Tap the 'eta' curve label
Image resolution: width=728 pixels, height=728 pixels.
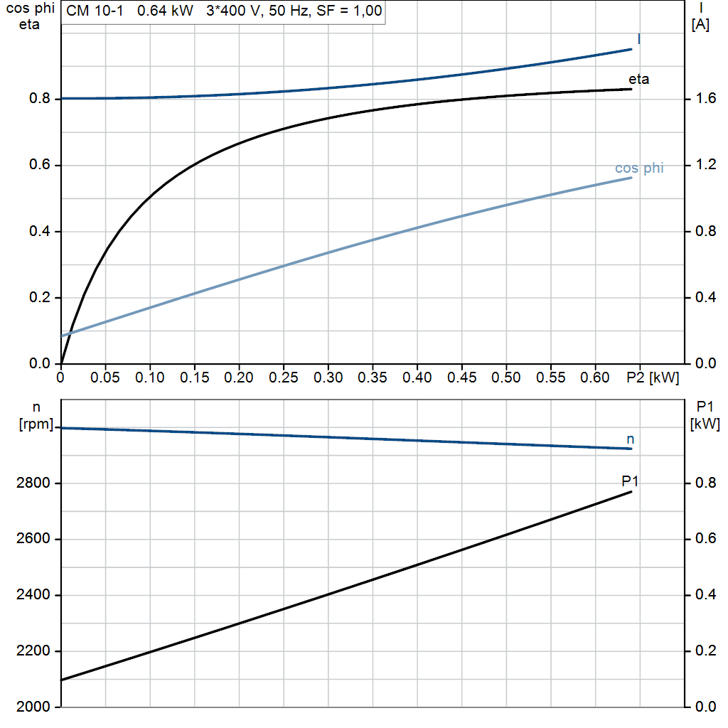coord(638,79)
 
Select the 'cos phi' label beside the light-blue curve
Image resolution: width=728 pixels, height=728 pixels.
coord(639,168)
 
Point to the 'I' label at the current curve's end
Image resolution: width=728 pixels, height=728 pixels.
coord(638,39)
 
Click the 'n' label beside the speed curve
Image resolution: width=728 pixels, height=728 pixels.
coord(630,439)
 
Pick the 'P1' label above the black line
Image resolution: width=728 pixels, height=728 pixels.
coord(630,481)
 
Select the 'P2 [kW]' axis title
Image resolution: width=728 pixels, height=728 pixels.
coord(653,378)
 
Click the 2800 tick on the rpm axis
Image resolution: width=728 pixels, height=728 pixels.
coord(32,483)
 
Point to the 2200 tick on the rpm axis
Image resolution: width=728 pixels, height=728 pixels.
coord(32,651)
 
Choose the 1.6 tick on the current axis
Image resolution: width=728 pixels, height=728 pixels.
coord(702,99)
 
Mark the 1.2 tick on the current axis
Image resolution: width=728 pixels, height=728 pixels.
coord(702,165)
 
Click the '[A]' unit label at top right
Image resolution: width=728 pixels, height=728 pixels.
coord(700,25)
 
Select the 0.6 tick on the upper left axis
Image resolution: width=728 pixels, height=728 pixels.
coord(38,165)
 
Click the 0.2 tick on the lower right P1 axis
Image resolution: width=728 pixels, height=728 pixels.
coord(702,651)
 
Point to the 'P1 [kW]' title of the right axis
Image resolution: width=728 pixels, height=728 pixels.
coord(705,415)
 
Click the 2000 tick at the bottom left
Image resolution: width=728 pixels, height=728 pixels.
coord(32,707)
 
